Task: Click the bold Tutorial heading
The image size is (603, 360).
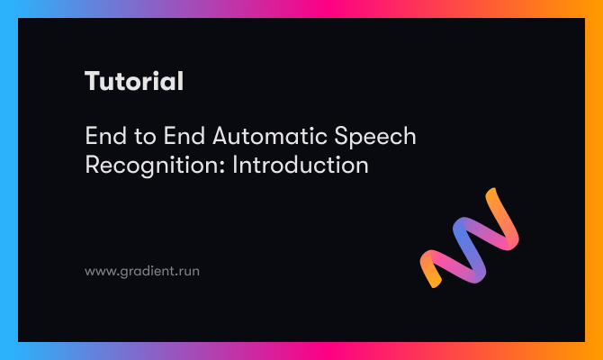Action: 134,81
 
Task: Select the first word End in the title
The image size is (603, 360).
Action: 106,136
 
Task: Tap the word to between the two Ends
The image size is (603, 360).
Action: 145,137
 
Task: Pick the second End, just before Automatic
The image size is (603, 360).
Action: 184,136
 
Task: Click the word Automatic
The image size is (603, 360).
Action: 270,136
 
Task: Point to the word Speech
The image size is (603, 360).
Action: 375,137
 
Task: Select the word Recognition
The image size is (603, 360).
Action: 155,166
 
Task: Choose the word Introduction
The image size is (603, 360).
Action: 301,165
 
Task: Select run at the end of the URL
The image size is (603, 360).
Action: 190,272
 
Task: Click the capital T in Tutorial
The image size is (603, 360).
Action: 93,81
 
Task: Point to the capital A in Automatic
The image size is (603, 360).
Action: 221,136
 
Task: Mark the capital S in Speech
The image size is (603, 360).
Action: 341,136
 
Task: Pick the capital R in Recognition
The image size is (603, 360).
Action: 93,165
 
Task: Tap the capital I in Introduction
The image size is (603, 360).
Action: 235,165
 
